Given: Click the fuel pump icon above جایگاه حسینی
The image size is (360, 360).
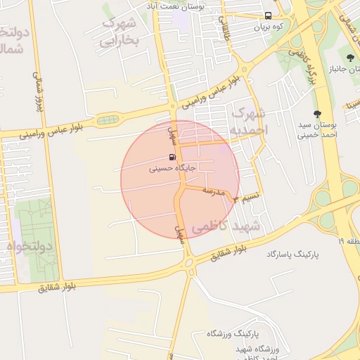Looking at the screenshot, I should click(x=173, y=157).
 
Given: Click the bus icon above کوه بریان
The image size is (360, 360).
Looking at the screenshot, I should click(x=268, y=15).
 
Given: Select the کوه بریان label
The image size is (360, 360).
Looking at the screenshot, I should click(x=268, y=26).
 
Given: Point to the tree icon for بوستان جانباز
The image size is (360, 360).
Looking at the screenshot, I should click(x=351, y=58).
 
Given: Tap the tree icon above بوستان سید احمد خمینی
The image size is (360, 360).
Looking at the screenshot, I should click(x=317, y=113).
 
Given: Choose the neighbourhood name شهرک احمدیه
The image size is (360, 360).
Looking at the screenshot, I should click(x=248, y=121).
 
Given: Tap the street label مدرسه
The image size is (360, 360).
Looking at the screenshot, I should click(x=213, y=191).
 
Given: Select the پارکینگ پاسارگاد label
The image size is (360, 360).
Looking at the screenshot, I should click(x=293, y=253).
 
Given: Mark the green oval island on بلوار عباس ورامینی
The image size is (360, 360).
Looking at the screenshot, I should click(x=107, y=120).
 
